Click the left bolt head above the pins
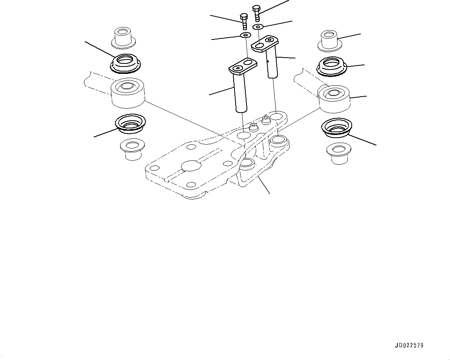244,17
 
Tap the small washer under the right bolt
258,27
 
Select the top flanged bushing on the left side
123,36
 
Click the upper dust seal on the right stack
332,67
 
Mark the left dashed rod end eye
128,93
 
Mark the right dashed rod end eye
334,97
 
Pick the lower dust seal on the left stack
130,124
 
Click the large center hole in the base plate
191,165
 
